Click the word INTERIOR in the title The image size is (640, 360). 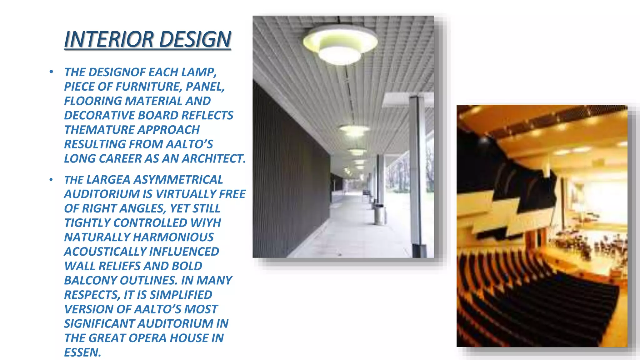coord(108,39)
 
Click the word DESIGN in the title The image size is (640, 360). coord(195,39)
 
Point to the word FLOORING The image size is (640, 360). coord(93,101)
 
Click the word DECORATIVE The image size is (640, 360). coord(99,115)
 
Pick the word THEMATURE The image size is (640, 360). coord(95,130)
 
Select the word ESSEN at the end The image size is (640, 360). coord(82,352)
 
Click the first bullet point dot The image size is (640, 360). coord(51,72)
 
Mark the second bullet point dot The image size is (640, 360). coord(51,180)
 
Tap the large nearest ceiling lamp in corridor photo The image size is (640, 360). coord(340,45)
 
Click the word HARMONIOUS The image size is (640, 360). coord(173,237)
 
